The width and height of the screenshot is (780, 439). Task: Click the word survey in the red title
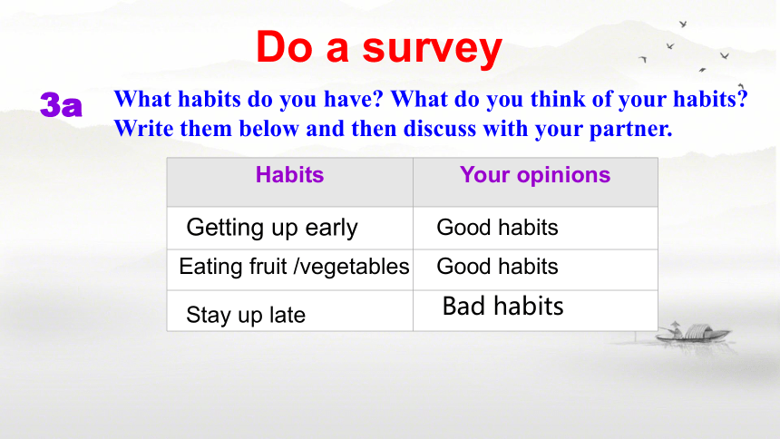tap(433, 48)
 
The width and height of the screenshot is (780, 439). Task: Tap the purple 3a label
tap(61, 104)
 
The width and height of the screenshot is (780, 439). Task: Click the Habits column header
tap(289, 175)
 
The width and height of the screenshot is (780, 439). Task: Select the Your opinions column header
tap(535, 175)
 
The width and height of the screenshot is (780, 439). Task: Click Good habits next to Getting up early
tap(497, 228)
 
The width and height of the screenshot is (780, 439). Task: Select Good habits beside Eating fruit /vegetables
tap(497, 267)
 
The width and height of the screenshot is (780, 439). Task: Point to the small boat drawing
tap(693, 333)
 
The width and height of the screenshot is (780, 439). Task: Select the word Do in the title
tap(285, 47)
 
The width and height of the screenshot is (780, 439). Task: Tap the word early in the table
tap(331, 229)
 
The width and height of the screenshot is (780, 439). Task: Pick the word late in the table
tap(287, 315)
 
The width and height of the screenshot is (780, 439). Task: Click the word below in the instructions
tap(268, 129)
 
